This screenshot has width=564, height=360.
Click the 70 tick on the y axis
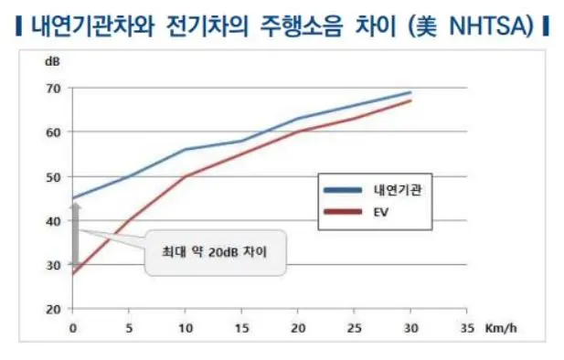[54, 89]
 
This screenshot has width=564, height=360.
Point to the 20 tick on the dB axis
[54, 309]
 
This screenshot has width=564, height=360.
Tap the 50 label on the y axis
[54, 176]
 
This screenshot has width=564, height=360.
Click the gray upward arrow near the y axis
[77, 233]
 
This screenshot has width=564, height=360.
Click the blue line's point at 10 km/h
[185, 149]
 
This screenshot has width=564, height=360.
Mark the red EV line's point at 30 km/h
[410, 101]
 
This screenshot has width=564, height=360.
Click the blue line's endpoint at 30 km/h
[410, 92]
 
